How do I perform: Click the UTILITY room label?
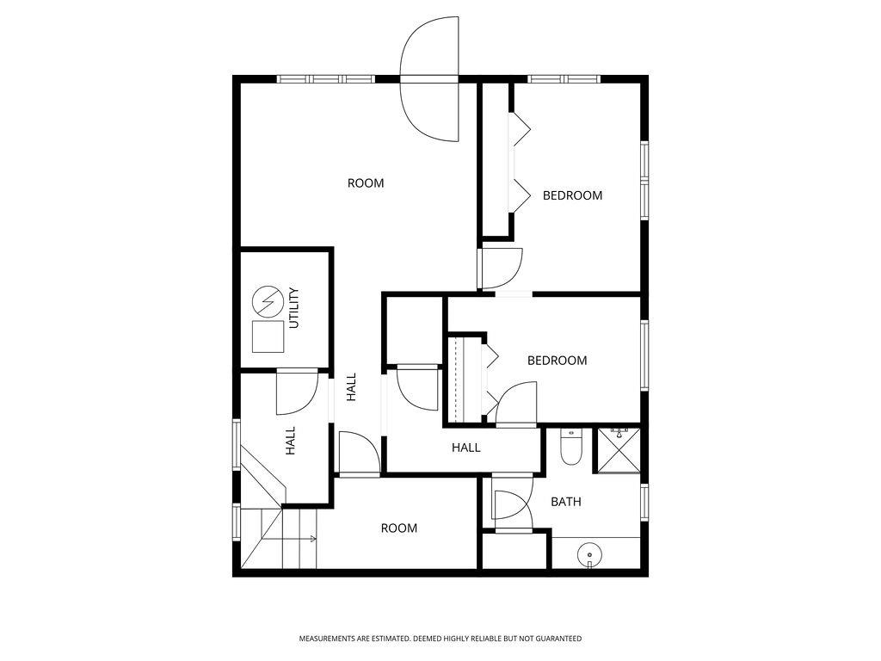click(293, 308)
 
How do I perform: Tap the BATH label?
click(565, 501)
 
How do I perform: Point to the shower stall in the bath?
click(619, 449)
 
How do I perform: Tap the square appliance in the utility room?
click(268, 336)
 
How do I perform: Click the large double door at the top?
click(429, 79)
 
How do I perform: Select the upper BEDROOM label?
click(572, 195)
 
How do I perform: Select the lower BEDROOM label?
click(557, 361)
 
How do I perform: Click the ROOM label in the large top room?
click(366, 182)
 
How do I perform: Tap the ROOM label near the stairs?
click(399, 528)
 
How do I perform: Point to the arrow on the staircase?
click(308, 540)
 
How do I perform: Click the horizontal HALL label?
click(466, 448)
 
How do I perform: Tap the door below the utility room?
click(297, 392)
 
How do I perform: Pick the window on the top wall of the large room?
click(326, 79)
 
